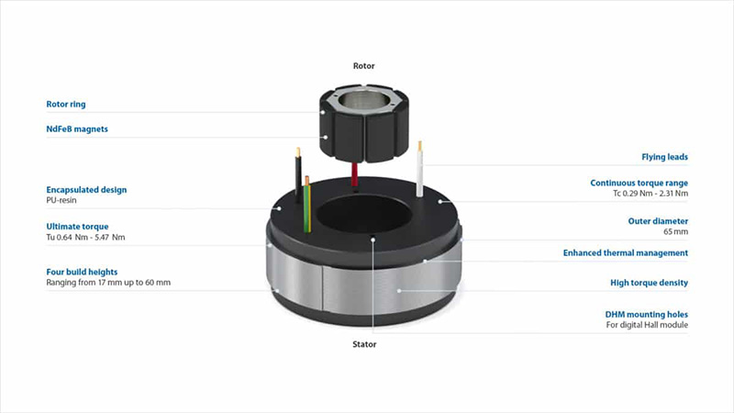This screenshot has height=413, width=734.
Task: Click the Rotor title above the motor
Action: click(363, 66)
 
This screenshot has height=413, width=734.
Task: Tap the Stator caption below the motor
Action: click(364, 344)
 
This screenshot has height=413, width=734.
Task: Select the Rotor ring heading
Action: click(66, 105)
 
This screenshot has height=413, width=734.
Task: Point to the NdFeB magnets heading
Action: click(77, 129)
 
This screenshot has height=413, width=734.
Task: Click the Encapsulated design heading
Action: click(86, 190)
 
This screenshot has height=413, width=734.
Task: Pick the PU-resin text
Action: click(61, 200)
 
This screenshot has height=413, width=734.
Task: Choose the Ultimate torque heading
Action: click(77, 227)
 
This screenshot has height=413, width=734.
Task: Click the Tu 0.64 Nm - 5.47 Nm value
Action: click(85, 238)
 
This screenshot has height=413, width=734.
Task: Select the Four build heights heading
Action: click(82, 272)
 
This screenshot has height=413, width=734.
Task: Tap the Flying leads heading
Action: click(664, 157)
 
